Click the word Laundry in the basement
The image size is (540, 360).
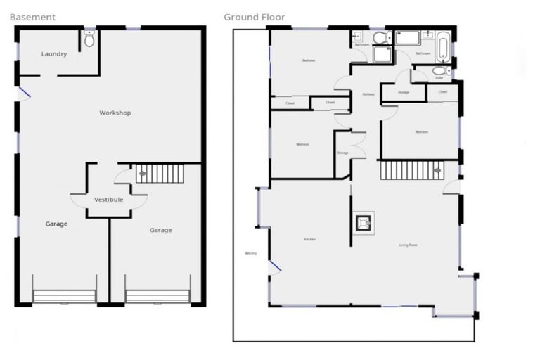click(x=54, y=54)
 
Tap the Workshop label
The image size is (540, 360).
click(x=115, y=112)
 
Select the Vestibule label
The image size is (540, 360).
click(x=109, y=200)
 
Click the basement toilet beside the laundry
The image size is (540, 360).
click(x=89, y=39)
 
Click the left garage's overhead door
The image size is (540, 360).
click(x=65, y=297)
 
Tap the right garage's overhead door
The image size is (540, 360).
click(x=158, y=297)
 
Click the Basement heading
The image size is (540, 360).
click(x=32, y=16)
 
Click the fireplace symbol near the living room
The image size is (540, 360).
click(x=364, y=222)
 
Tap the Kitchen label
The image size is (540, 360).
click(x=309, y=240)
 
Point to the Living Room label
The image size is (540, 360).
click(x=408, y=245)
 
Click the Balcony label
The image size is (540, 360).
click(x=251, y=253)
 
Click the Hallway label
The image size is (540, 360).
click(x=368, y=94)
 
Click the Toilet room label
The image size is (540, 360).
click(x=439, y=78)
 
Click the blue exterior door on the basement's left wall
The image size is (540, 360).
click(x=22, y=92)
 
